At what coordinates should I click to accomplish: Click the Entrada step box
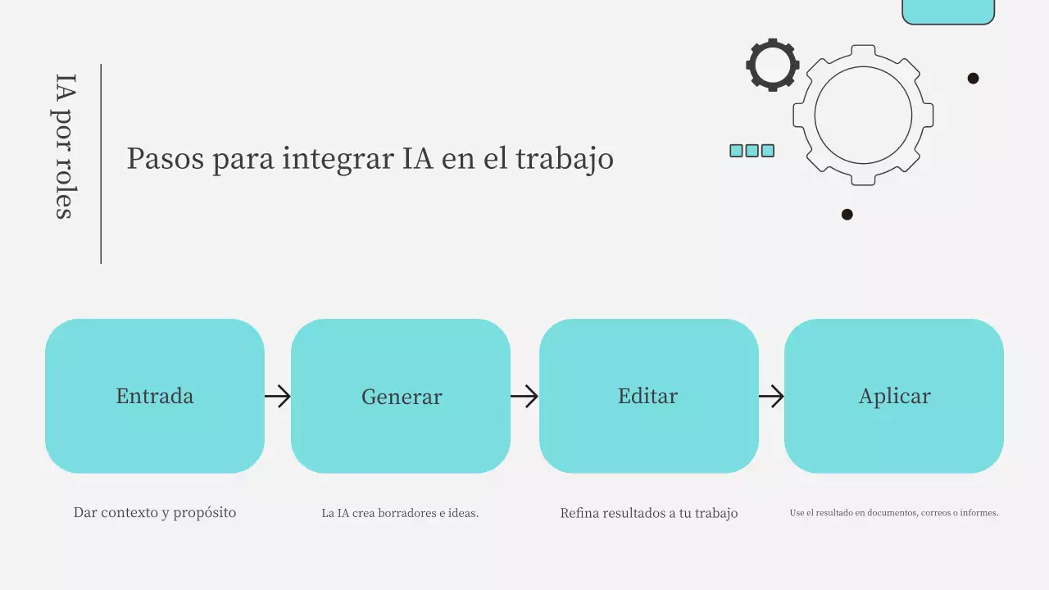[155, 396]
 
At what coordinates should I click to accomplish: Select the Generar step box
[401, 396]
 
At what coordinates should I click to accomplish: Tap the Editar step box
[648, 396]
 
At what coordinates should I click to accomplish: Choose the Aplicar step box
[894, 396]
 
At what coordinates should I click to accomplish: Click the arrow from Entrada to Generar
[278, 397]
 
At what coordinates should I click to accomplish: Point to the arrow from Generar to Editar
[524, 397]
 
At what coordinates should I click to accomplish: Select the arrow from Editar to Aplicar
[771, 397]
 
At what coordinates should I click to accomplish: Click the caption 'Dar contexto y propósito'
[155, 513]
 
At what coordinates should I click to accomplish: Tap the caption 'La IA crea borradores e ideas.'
[400, 514]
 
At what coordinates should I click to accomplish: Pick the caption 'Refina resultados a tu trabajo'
[649, 514]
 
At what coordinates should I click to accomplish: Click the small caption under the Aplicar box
[894, 513]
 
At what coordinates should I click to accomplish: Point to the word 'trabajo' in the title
[565, 159]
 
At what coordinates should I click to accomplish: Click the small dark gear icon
[773, 65]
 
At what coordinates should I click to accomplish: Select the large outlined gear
[863, 115]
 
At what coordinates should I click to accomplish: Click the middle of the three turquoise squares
[752, 151]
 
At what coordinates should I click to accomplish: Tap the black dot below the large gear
[847, 215]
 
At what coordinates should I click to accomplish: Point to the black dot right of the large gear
[973, 79]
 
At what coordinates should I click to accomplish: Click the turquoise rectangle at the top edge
[948, 11]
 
